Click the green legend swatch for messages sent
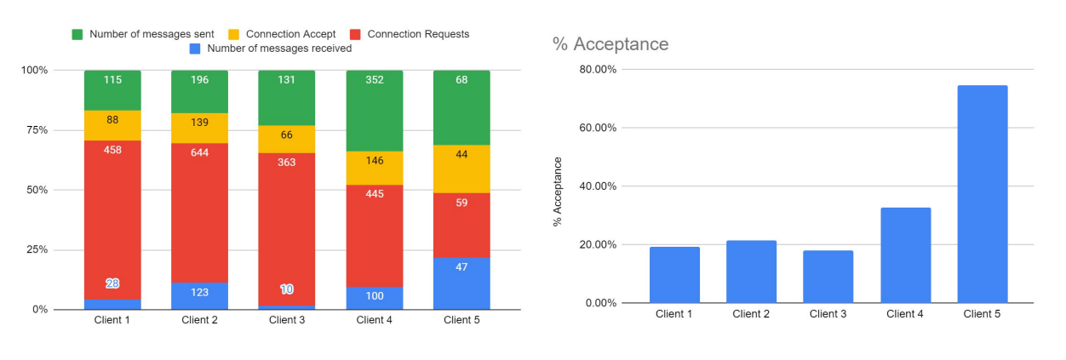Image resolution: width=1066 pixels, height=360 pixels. [77, 34]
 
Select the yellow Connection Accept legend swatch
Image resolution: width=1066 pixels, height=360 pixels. [233, 34]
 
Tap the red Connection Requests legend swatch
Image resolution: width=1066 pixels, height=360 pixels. [356, 34]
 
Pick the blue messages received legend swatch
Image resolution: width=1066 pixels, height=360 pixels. [194, 49]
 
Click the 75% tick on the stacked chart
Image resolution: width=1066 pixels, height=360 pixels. [35, 129]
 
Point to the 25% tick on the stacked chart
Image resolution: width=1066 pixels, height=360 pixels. [35, 249]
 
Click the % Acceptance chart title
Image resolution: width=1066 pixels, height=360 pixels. [610, 44]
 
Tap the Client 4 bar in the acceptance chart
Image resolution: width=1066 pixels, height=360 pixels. [905, 255]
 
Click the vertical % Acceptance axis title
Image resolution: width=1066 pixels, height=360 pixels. [559, 191]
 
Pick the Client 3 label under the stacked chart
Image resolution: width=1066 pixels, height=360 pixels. [286, 321]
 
